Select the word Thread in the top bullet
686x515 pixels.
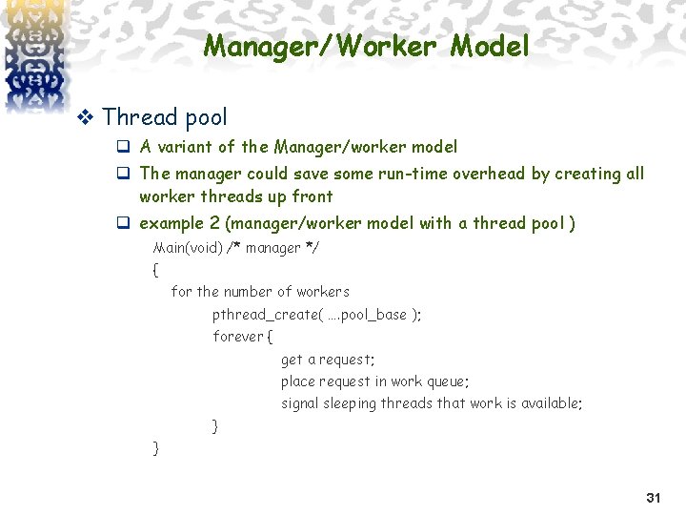(x=140, y=117)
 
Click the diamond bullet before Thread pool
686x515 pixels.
(x=84, y=117)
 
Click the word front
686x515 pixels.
(x=313, y=196)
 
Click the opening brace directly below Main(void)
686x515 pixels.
(x=155, y=270)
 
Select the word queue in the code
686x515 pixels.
(x=447, y=381)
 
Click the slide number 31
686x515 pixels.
(x=653, y=498)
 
